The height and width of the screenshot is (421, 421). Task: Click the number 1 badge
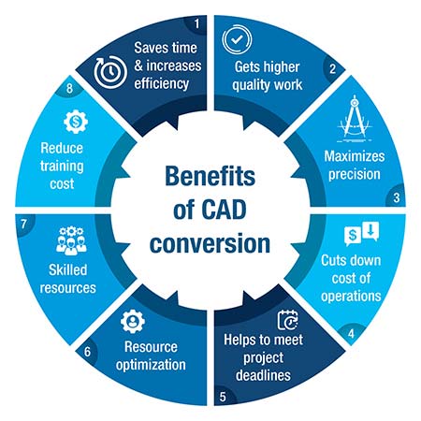point(196,23)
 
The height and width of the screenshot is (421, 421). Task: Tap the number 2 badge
point(332,69)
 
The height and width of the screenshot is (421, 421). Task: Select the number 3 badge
point(396,197)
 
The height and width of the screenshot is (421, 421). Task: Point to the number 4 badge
point(351,334)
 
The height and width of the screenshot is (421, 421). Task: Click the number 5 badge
point(223,397)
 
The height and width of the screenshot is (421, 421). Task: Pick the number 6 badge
point(87,352)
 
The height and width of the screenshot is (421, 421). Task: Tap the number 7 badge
point(23,224)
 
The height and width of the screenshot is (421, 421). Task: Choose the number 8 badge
point(69,88)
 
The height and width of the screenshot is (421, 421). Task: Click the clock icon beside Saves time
point(110,72)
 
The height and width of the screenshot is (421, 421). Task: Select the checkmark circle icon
point(237,40)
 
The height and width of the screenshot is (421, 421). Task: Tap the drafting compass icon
point(355,119)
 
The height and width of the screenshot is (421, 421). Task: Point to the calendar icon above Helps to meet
point(288,320)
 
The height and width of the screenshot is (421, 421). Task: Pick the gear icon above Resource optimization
point(133,321)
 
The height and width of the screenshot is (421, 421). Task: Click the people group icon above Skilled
point(71,240)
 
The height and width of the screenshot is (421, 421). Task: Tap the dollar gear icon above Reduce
point(76,122)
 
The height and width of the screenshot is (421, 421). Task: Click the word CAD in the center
point(224,210)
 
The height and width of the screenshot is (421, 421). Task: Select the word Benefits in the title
point(210,176)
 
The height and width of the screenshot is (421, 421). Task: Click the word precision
point(355,175)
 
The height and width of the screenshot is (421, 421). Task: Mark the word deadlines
point(263,375)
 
